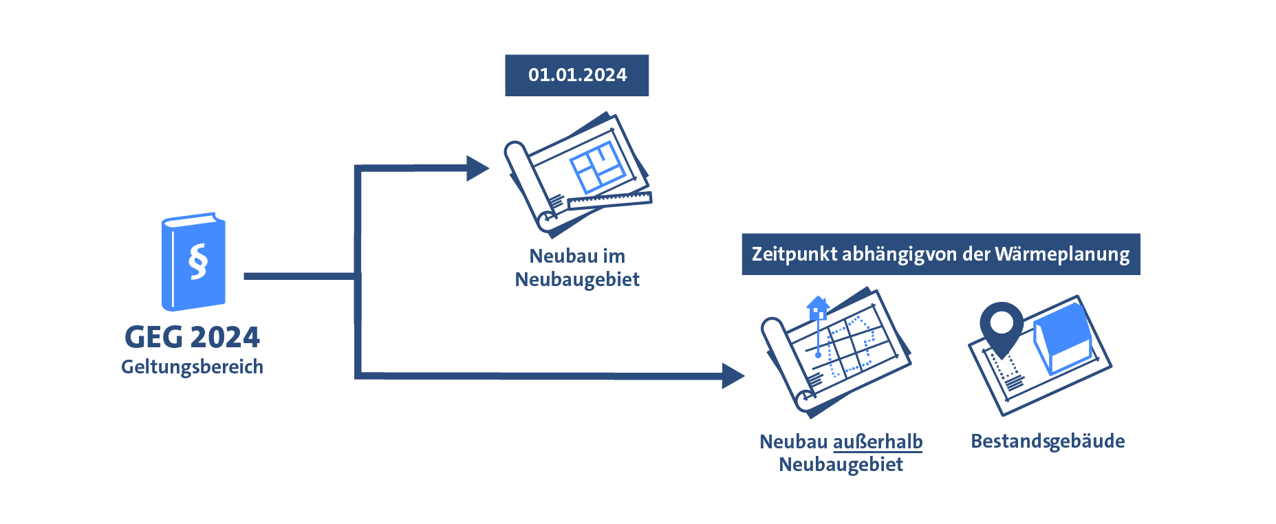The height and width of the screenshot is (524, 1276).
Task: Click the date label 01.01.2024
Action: (576, 75)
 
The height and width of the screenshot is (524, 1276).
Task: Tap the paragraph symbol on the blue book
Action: (197, 261)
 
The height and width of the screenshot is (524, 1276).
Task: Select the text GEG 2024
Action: (192, 337)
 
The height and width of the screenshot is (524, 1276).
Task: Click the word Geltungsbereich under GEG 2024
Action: (192, 367)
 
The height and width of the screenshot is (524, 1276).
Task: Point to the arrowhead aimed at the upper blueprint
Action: (477, 168)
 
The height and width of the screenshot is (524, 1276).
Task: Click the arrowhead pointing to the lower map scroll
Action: (733, 375)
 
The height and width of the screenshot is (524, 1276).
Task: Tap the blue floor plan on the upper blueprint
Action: (597, 168)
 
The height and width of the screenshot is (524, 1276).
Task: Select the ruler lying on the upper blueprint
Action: (609, 201)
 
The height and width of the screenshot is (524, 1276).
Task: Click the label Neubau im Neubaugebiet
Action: (577, 268)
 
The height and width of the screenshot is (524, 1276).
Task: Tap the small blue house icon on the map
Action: (817, 308)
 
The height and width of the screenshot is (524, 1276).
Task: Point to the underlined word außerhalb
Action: (877, 441)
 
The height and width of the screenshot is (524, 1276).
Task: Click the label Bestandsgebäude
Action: (1047, 441)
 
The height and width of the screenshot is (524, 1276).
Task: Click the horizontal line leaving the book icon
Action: (299, 276)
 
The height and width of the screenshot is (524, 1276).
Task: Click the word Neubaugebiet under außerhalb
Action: (841, 465)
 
